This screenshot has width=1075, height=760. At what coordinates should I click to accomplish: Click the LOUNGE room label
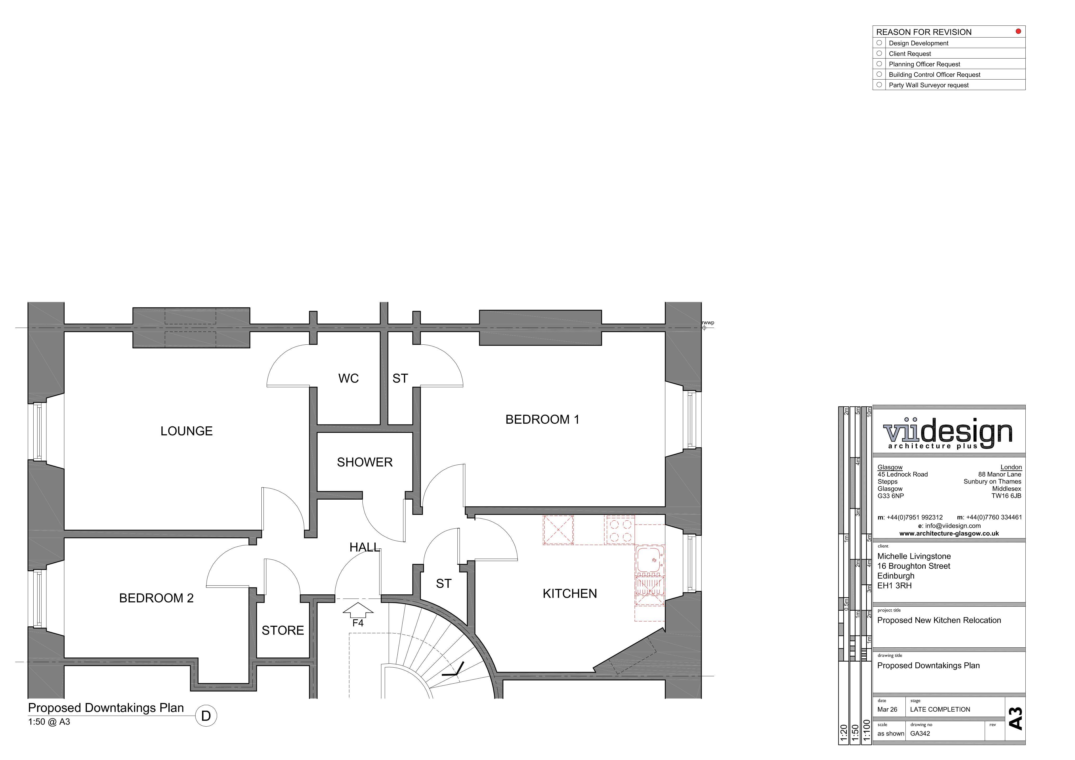[186, 431]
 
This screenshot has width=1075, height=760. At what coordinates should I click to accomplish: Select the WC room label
[348, 378]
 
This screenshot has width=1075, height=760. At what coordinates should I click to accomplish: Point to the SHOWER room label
[365, 462]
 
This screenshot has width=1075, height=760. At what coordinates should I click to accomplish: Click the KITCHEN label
[570, 594]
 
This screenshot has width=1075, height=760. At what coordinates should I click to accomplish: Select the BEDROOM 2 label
[156, 598]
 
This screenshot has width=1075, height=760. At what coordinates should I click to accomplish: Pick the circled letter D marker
[206, 716]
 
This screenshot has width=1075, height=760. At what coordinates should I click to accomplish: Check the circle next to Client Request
[879, 53]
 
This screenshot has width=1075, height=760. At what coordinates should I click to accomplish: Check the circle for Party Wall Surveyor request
[879, 85]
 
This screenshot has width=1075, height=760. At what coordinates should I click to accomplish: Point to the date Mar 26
[887, 709]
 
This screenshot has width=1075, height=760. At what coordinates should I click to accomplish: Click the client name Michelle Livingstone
[914, 556]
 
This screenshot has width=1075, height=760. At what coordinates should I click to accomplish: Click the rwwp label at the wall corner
[708, 323]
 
